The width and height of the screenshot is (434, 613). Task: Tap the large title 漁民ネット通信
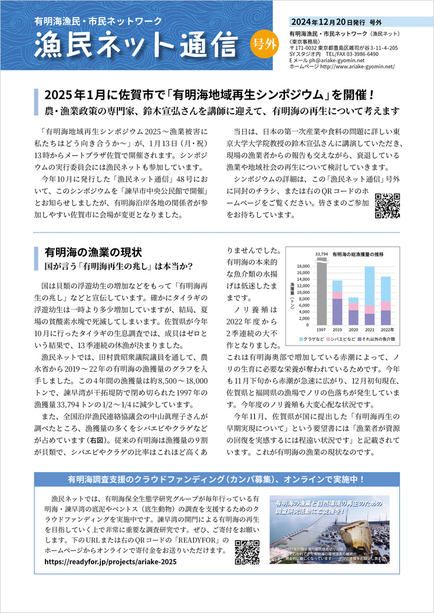click(137, 45)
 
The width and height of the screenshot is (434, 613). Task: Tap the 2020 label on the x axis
click(353, 330)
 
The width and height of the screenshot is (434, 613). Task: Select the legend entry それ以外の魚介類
click(381, 340)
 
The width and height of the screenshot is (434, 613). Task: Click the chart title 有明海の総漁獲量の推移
click(358, 254)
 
